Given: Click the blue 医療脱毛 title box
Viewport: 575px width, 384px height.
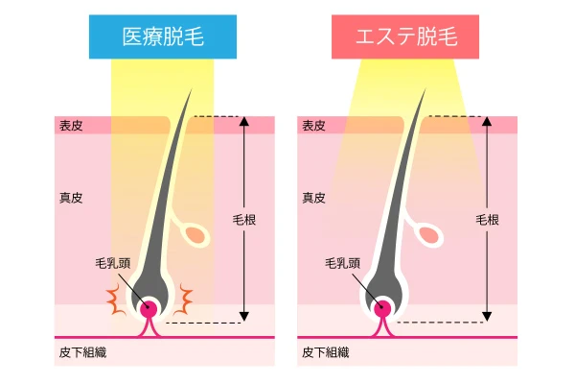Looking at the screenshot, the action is pyautogui.click(x=163, y=36).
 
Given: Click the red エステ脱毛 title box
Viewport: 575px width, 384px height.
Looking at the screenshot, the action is pyautogui.click(x=405, y=36).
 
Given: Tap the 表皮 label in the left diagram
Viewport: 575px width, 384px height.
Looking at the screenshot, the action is pyautogui.click(x=71, y=126).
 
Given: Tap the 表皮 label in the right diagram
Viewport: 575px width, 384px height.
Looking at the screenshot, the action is pyautogui.click(x=314, y=126).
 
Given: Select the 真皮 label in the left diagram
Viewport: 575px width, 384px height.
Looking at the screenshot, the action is pyautogui.click(x=71, y=198).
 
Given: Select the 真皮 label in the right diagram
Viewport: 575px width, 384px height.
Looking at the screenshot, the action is pyautogui.click(x=314, y=198).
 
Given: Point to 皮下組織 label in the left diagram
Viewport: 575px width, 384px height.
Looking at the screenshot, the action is pyautogui.click(x=82, y=352).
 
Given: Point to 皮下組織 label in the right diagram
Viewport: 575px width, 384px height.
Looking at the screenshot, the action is pyautogui.click(x=326, y=352).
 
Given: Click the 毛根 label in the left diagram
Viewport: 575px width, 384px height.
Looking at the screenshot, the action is pyautogui.click(x=244, y=220).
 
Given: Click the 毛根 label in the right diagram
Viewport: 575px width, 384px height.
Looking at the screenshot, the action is pyautogui.click(x=488, y=220).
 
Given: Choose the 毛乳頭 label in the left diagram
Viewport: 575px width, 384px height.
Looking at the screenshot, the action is pyautogui.click(x=113, y=263).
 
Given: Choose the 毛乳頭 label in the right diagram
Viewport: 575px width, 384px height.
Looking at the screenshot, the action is pyautogui.click(x=342, y=263).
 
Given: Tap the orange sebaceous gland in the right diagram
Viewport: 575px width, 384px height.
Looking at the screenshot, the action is pyautogui.click(x=429, y=235).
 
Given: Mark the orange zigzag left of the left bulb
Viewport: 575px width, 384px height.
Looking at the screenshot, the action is pyautogui.click(x=116, y=300).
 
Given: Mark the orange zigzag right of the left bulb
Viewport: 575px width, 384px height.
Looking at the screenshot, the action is pyautogui.click(x=183, y=300).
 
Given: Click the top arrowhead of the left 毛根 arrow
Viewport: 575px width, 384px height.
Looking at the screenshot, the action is pyautogui.click(x=244, y=121).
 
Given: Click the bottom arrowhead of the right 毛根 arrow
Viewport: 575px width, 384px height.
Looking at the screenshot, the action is pyautogui.click(x=487, y=317).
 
